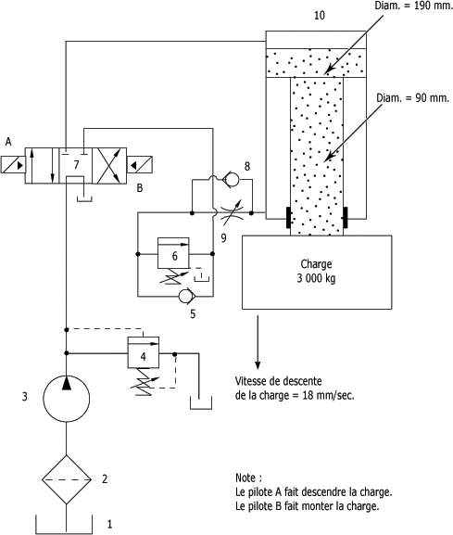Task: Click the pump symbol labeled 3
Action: [x=67, y=399]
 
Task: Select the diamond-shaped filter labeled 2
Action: [x=67, y=479]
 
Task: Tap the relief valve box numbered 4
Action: [x=144, y=352]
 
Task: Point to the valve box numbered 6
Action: [x=173, y=253]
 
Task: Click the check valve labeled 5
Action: [x=186, y=296]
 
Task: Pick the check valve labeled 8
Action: [x=230, y=179]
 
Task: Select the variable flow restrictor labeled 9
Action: [x=233, y=213]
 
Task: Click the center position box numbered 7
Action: [x=76, y=166]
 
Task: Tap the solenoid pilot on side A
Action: [x=13, y=165]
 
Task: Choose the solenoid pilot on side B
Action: [x=139, y=165]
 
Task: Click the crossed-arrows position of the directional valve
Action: [x=109, y=166]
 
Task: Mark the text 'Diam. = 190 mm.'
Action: [x=414, y=6]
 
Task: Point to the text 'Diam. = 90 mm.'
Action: [x=413, y=98]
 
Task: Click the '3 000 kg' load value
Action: [x=316, y=278]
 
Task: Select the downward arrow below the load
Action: [x=258, y=342]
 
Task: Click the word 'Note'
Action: [x=245, y=477]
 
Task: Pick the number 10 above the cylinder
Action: [x=320, y=16]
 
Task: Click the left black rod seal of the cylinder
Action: [x=289, y=217]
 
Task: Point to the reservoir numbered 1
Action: [x=64, y=525]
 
